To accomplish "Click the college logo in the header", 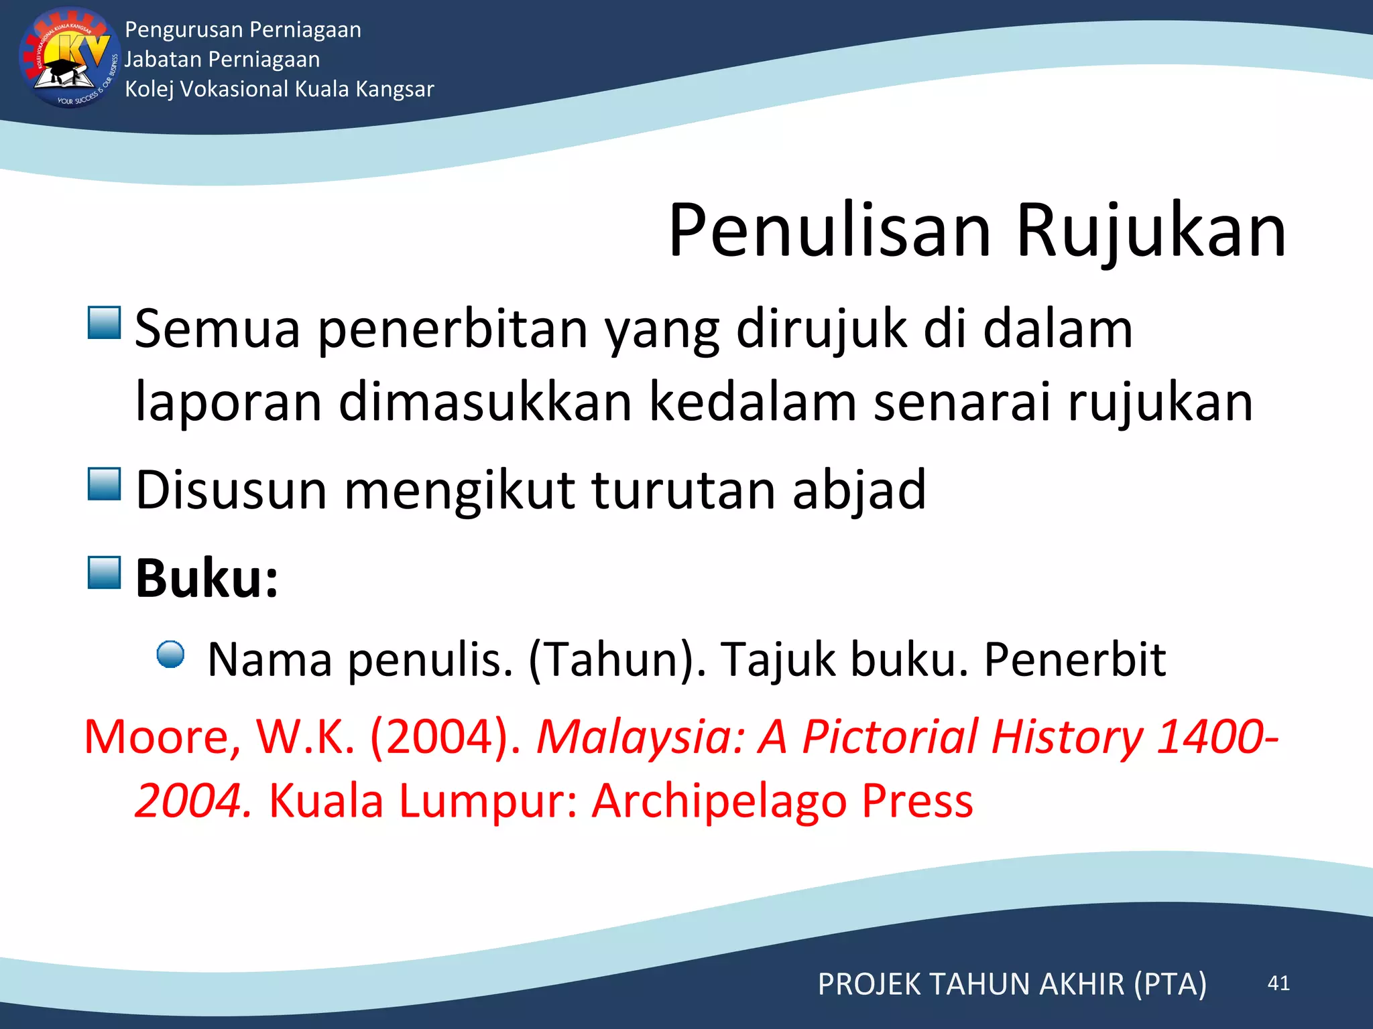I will [66, 59].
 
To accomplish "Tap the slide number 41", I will [1278, 983].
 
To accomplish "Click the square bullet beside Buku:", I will [104, 573].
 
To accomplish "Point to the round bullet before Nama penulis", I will [170, 655].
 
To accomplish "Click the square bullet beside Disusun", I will [104, 484].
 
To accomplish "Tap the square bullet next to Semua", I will [104, 323].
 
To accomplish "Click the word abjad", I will [859, 490].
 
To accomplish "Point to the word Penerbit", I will [1075, 659].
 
